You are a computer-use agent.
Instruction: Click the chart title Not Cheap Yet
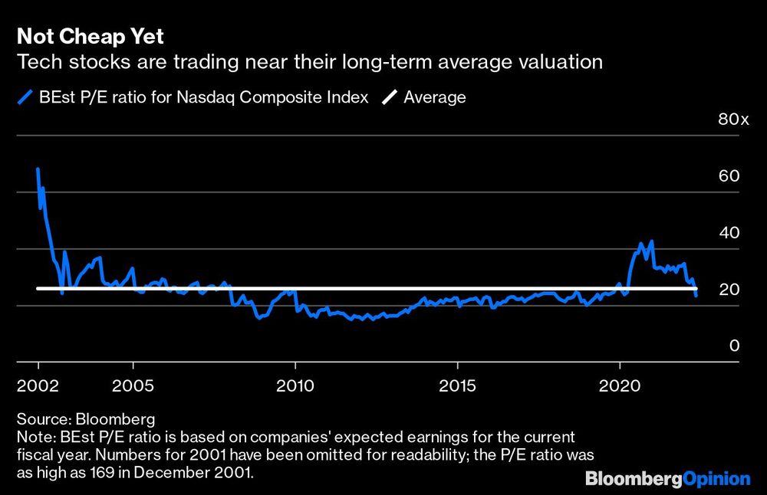tap(90, 37)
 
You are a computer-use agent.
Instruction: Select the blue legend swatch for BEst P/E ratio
tap(24, 97)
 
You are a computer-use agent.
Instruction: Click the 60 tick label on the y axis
tap(729, 175)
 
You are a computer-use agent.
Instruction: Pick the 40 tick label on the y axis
tap(729, 232)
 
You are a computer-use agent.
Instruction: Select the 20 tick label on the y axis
tap(729, 289)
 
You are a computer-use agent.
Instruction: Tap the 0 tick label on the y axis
tap(734, 346)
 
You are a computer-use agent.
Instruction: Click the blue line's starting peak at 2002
tap(38, 169)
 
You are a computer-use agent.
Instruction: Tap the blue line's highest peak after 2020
tap(651, 241)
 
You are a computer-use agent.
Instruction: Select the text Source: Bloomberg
tap(85, 419)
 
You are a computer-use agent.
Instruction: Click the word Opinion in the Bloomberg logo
tap(717, 479)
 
